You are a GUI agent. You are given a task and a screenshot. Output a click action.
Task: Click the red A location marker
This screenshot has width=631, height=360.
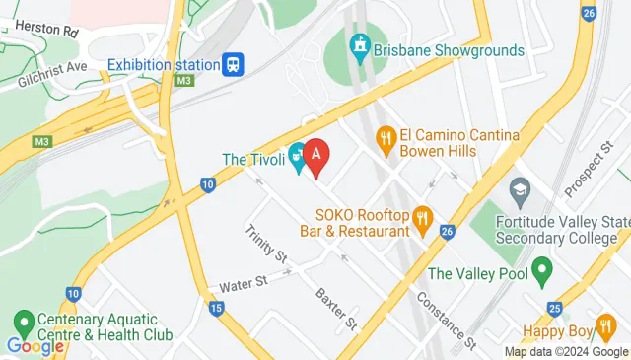pyautogui.click(x=315, y=156)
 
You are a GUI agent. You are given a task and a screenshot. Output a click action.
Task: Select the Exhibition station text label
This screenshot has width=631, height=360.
pyautogui.click(x=163, y=65)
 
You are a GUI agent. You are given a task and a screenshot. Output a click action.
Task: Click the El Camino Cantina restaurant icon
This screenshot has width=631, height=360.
pyautogui.click(x=386, y=141)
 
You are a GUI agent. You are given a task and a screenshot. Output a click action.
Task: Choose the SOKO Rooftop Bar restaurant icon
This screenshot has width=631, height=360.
pyautogui.click(x=423, y=219)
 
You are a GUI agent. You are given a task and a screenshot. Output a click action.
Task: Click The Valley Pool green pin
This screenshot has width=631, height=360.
pyautogui.click(x=540, y=268)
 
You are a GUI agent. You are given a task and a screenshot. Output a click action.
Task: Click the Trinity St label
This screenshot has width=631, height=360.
pyautogui.click(x=266, y=244)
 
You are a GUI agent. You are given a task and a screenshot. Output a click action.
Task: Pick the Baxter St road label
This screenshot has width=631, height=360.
pyautogui.click(x=335, y=308)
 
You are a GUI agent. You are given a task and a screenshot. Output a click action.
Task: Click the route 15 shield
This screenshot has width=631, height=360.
pyautogui.click(x=216, y=308)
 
